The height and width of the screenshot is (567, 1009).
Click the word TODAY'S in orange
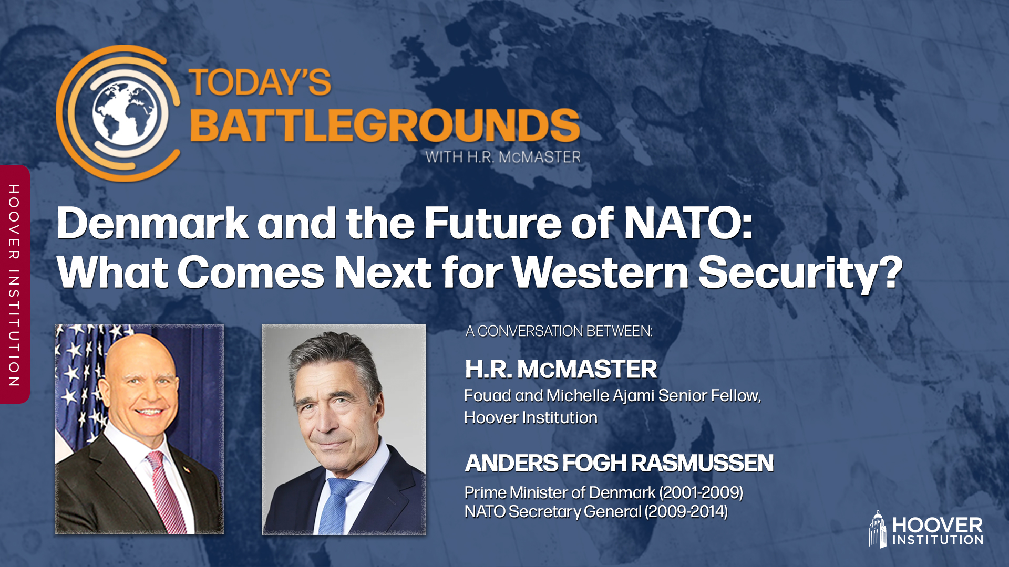260,83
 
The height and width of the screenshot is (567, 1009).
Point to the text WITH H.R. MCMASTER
503,157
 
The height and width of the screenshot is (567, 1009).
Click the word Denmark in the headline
152,224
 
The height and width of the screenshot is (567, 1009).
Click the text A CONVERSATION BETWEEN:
559,331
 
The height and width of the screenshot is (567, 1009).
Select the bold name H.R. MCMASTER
561,369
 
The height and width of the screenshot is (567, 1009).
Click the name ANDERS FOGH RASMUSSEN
619,463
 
